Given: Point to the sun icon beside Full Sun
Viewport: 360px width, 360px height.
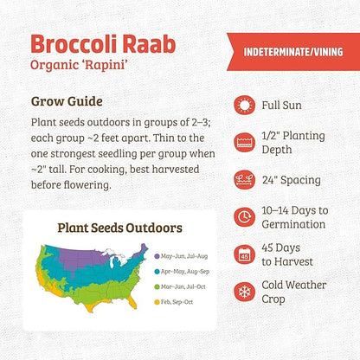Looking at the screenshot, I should (244, 106).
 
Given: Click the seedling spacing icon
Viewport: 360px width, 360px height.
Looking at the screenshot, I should (244, 180).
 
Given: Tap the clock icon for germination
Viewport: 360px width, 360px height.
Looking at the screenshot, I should (244, 216).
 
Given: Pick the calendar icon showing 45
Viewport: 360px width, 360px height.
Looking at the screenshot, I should (244, 254).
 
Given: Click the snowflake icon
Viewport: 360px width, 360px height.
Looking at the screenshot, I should (244, 292).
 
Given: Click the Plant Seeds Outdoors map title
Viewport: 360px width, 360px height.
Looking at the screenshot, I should (119, 230).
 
